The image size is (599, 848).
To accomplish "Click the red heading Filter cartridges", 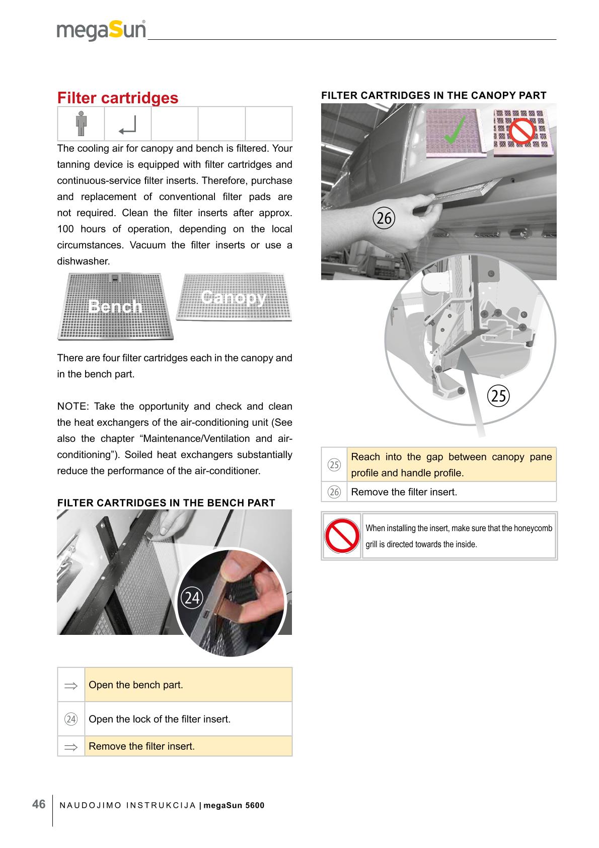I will click(x=118, y=98).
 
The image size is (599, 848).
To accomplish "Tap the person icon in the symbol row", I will click(x=81, y=123).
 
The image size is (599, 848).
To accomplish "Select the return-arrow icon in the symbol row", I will click(x=127, y=125).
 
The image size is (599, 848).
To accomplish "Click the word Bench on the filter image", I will click(x=114, y=306).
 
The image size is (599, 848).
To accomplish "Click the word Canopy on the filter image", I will click(x=233, y=297).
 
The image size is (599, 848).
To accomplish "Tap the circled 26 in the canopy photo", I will click(x=384, y=218).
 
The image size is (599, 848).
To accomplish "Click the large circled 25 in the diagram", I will click(x=499, y=396).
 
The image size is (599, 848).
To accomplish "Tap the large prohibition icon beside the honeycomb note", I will click(x=341, y=536).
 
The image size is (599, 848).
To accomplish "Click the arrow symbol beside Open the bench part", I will click(x=71, y=685).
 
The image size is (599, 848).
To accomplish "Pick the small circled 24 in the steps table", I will click(x=71, y=719).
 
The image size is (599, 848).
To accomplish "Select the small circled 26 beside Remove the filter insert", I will click(x=334, y=492).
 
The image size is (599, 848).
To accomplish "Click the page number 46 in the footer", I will click(x=39, y=804).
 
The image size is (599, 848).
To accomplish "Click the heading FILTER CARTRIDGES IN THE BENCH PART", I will click(x=166, y=503).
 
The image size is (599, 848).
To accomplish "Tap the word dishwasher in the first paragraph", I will click(x=83, y=262).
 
